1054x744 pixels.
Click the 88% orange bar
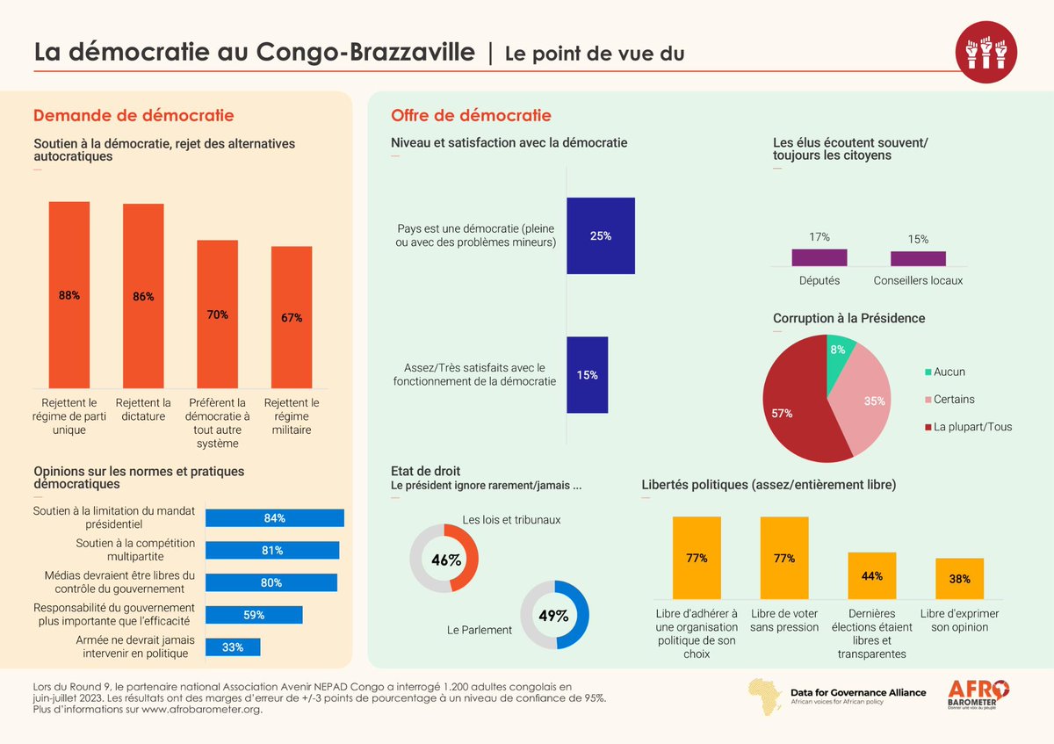point(69,295)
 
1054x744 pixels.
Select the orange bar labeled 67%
point(292,317)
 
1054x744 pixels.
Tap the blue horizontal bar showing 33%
point(233,647)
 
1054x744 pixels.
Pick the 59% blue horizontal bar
point(254,615)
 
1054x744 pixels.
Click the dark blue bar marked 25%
point(601,236)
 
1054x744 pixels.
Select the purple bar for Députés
point(819,257)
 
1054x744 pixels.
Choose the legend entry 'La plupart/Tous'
point(972,427)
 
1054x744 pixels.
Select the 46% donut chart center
point(444,559)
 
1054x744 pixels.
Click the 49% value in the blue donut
point(554,616)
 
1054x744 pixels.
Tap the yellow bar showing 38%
point(959,579)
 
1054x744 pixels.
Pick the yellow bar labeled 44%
point(872,576)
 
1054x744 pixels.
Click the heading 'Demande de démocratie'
point(134,115)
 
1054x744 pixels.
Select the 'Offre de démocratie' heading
point(471,115)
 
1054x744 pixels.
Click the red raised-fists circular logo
point(986,52)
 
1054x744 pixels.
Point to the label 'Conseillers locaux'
point(918,280)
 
